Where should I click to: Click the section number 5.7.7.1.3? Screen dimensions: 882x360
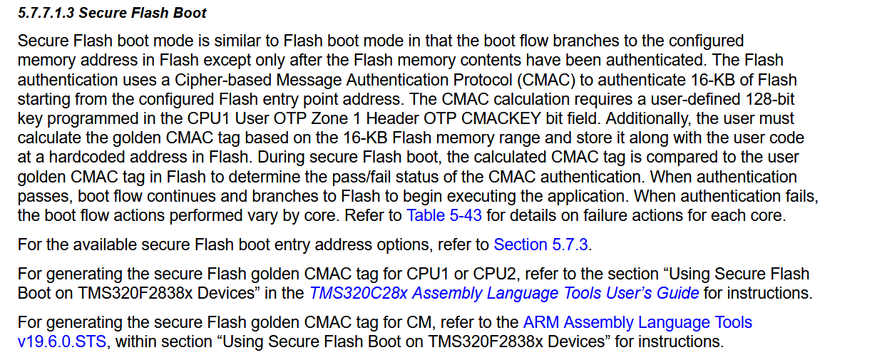coord(46,13)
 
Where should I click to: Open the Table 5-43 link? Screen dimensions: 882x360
coord(443,215)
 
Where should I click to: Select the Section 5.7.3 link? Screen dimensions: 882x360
coord(540,245)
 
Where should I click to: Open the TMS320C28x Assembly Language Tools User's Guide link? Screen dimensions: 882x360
coord(504,293)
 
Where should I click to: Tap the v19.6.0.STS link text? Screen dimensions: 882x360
coord(62,341)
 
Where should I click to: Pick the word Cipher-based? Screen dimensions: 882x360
coord(223,80)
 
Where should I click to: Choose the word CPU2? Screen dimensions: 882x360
coord(494,274)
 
